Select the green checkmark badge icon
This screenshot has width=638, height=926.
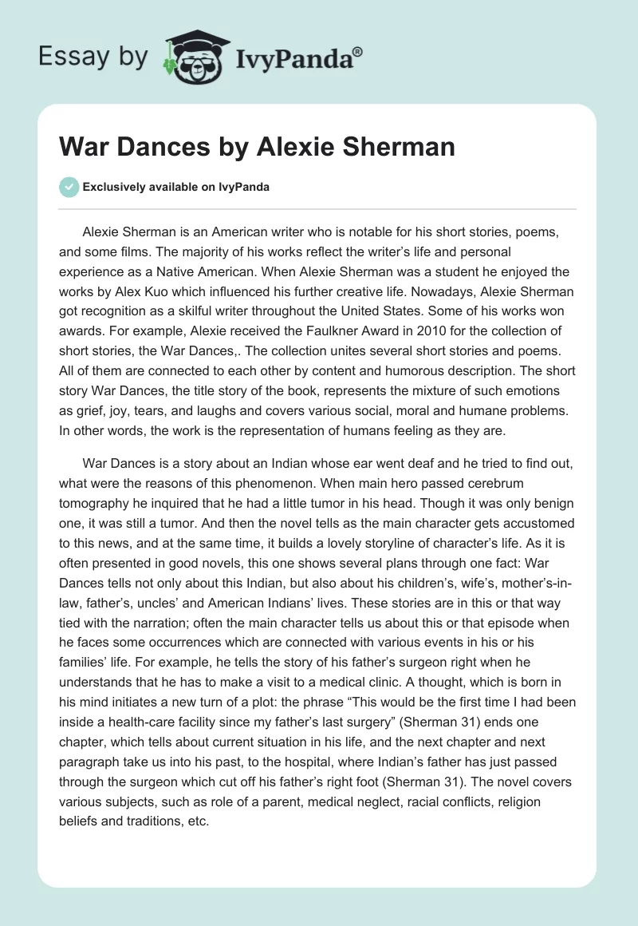69,187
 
